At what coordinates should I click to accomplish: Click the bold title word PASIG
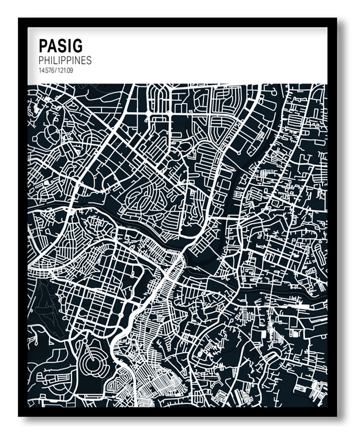tap(60, 45)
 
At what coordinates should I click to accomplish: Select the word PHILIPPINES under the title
tap(65, 60)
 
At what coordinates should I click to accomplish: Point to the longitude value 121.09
tap(65, 70)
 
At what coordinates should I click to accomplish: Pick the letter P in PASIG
tap(43, 45)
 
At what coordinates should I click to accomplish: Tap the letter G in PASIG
tap(77, 45)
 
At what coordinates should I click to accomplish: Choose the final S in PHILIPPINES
tap(89, 60)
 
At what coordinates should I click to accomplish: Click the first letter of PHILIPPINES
tap(41, 60)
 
